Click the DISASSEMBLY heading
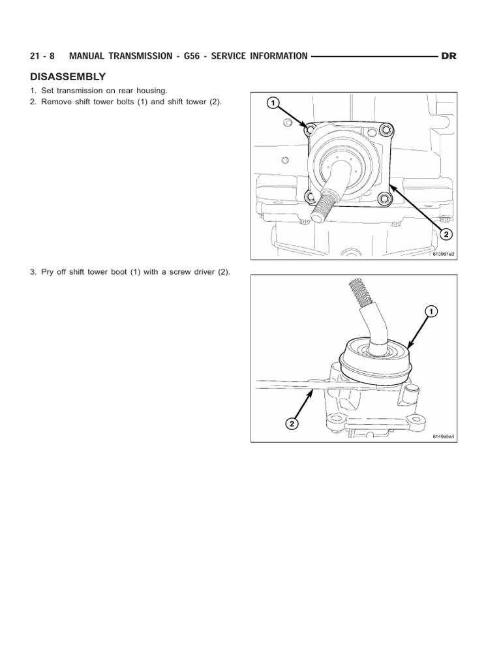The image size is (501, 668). click(x=67, y=76)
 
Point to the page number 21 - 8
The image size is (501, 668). click(x=43, y=56)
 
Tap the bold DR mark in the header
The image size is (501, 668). click(x=449, y=56)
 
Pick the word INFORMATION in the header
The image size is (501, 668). click(x=274, y=56)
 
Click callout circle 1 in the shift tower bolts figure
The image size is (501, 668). click(x=272, y=103)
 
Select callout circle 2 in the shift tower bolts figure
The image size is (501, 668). click(x=446, y=234)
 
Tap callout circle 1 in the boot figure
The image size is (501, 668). click(x=431, y=312)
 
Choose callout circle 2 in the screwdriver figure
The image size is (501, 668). click(x=292, y=424)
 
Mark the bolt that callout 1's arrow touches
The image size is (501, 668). click(x=311, y=129)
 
